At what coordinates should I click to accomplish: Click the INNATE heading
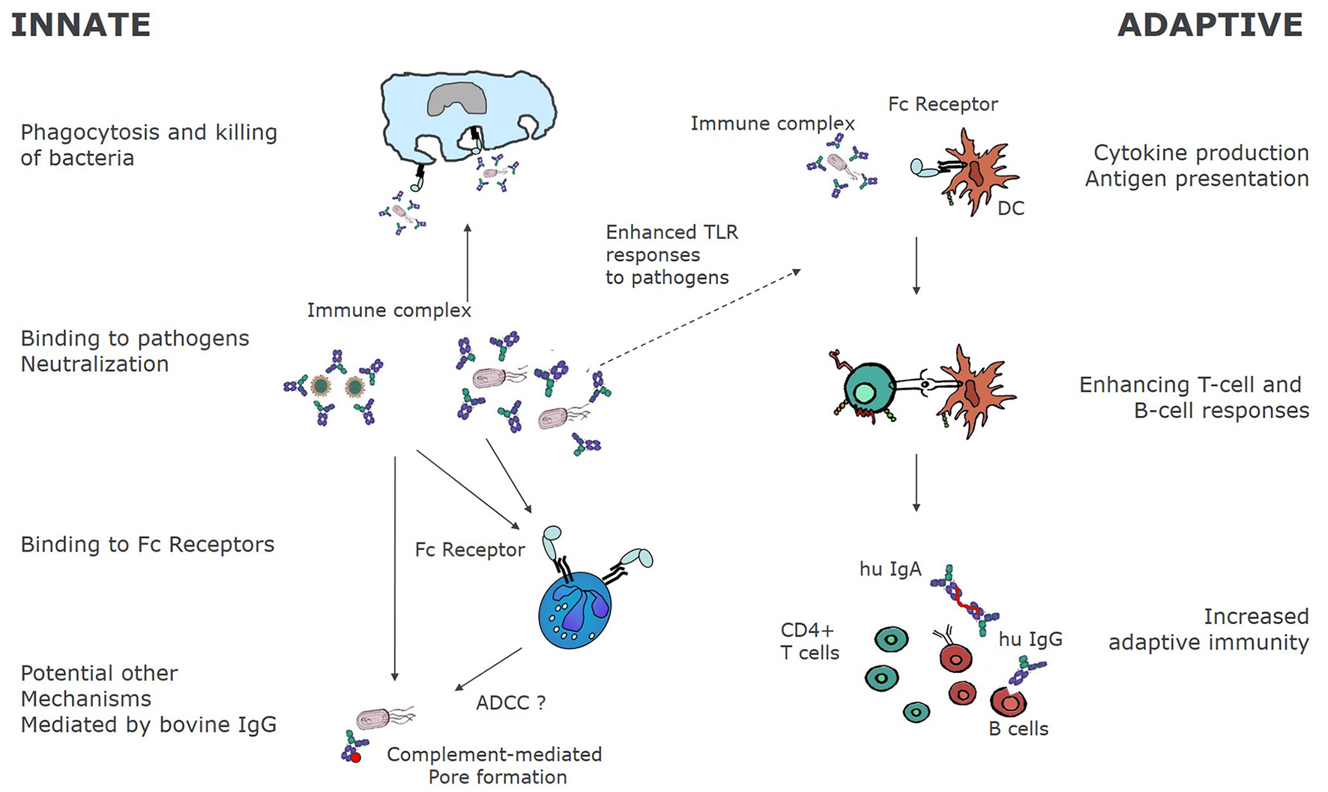(x=81, y=25)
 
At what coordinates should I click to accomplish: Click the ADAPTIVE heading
(x=1210, y=25)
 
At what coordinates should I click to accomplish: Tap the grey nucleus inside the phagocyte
(x=457, y=99)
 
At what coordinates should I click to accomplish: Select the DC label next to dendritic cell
(x=1010, y=208)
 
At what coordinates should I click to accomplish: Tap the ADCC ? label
(x=510, y=703)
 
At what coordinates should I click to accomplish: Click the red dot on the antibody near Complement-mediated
(x=357, y=758)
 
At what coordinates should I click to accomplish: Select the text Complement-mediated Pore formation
(x=495, y=765)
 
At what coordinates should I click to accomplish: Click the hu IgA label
(x=890, y=569)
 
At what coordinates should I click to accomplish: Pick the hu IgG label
(x=1030, y=639)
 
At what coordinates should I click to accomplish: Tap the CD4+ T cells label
(x=809, y=641)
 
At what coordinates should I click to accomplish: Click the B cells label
(x=1018, y=728)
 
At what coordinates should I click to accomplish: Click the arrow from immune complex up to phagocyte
(x=468, y=262)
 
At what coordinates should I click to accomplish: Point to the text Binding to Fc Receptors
(x=148, y=545)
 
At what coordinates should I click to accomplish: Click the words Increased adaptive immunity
(x=1208, y=629)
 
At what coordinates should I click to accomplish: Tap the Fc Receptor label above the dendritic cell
(x=943, y=104)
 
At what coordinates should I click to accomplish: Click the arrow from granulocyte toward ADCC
(x=489, y=668)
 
